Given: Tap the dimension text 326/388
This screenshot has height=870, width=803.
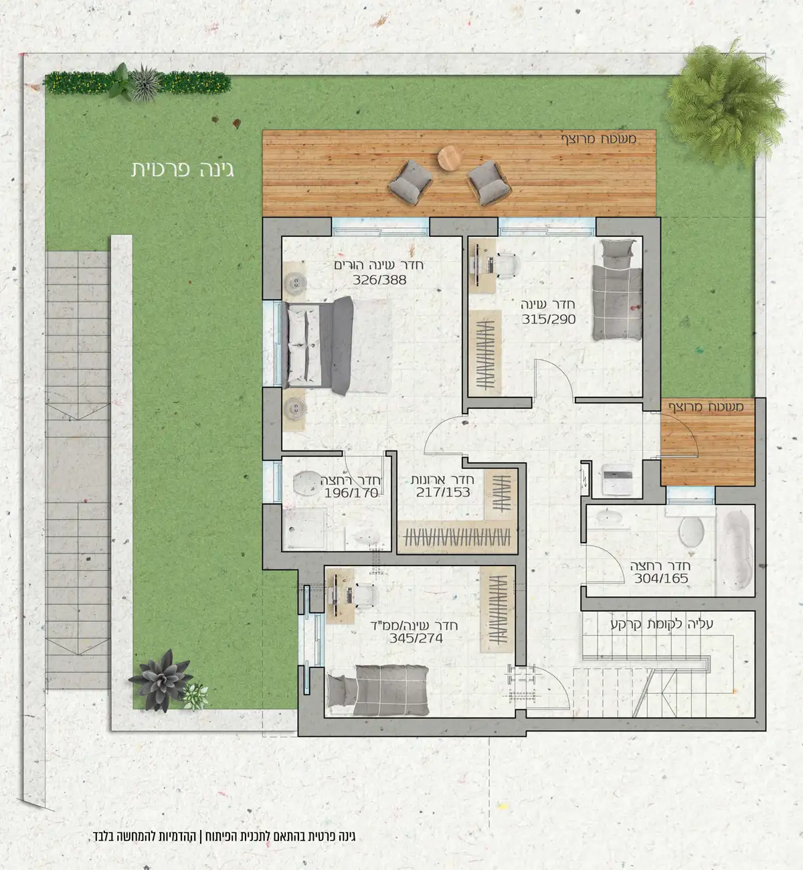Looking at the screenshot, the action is [380, 280].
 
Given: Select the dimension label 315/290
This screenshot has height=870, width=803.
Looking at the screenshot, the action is [549, 319].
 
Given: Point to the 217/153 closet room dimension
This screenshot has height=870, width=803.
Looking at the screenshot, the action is [443, 493].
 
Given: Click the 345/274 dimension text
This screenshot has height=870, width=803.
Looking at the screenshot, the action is [416, 638].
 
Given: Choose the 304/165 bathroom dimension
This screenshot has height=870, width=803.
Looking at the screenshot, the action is [661, 578].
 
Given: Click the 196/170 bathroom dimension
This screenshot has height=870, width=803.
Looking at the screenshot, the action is [351, 493].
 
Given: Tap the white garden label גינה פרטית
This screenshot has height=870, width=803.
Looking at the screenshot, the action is [183, 170].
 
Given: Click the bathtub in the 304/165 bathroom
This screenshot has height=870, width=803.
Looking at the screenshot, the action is [736, 551].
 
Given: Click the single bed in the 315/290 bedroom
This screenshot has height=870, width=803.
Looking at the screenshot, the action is [617, 290].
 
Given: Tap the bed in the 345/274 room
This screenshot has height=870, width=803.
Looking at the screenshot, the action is [377, 691].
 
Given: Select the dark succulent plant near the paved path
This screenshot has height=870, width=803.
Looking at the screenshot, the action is [161, 681].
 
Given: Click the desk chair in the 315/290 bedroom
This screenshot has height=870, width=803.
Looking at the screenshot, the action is [508, 264].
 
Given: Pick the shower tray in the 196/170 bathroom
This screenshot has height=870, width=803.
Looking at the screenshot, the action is [305, 528].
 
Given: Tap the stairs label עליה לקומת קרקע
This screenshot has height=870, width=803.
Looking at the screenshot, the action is [662, 624].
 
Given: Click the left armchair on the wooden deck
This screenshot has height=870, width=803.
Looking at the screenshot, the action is [410, 182].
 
